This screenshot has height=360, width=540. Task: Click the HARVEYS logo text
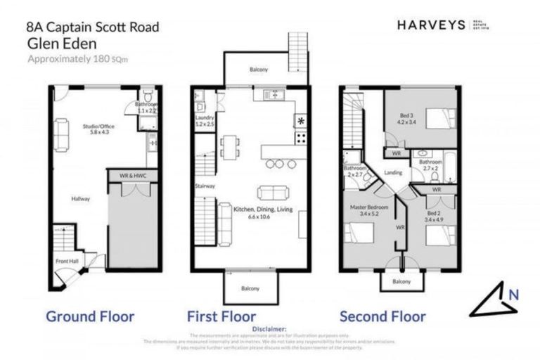tap(431, 25)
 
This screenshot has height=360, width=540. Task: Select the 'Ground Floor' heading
tap(90, 316)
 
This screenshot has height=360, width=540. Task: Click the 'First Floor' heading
tap(221, 316)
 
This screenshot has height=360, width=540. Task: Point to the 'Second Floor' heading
tap(382, 316)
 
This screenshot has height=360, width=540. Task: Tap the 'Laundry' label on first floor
tap(204, 121)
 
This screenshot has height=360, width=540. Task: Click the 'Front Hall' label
tap(67, 262)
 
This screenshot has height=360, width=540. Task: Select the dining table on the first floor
tap(229, 145)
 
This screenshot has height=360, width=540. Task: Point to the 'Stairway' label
tap(205, 186)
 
